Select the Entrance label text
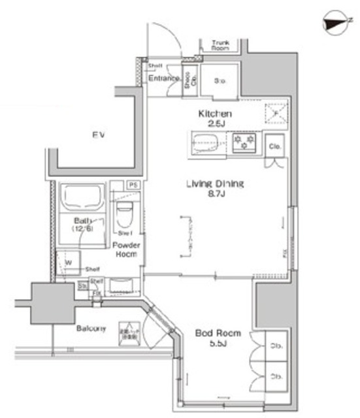click(x=163, y=79)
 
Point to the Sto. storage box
click(x=220, y=80)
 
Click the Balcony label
click(x=90, y=329)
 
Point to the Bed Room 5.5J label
click(x=218, y=338)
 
